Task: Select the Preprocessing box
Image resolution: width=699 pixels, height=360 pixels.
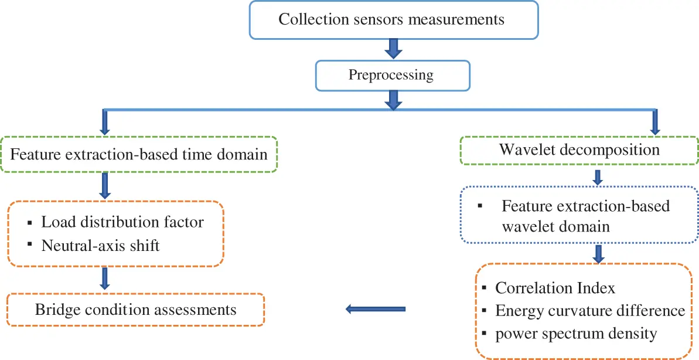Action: (x=392, y=76)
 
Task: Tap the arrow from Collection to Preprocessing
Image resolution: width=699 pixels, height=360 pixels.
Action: (x=394, y=48)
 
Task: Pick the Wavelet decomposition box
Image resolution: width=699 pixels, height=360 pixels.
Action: (x=579, y=150)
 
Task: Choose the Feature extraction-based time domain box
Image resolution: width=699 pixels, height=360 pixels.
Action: (x=139, y=155)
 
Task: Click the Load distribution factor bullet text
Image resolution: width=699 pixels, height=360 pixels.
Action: (x=122, y=222)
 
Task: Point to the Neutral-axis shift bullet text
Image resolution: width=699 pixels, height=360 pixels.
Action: (x=100, y=245)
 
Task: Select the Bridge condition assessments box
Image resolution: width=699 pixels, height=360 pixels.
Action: (x=135, y=309)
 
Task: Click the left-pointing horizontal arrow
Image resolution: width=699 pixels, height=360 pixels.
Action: (x=375, y=308)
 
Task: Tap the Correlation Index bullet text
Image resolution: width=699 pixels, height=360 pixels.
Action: (x=555, y=288)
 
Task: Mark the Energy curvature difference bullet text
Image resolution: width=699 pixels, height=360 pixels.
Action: (x=590, y=310)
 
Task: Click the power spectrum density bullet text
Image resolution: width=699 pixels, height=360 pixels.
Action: (x=576, y=334)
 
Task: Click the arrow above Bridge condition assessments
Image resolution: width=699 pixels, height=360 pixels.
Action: (x=105, y=279)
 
